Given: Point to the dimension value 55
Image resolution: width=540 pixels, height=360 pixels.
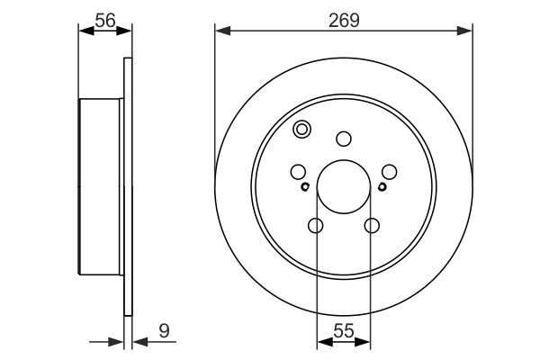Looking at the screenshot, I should point(344,329).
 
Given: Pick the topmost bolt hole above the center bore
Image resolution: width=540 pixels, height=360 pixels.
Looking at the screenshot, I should point(343,139).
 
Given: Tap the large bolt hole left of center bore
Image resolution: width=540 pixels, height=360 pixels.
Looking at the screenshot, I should point(299,171).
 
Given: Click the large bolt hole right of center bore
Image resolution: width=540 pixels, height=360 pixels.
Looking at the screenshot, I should point(389,171).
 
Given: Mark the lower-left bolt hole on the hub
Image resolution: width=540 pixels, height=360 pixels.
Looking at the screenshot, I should point(316,226).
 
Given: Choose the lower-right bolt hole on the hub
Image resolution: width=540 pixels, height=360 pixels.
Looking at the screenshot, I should point(371,226).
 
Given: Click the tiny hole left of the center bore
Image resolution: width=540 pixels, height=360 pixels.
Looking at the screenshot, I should point(306,187).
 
